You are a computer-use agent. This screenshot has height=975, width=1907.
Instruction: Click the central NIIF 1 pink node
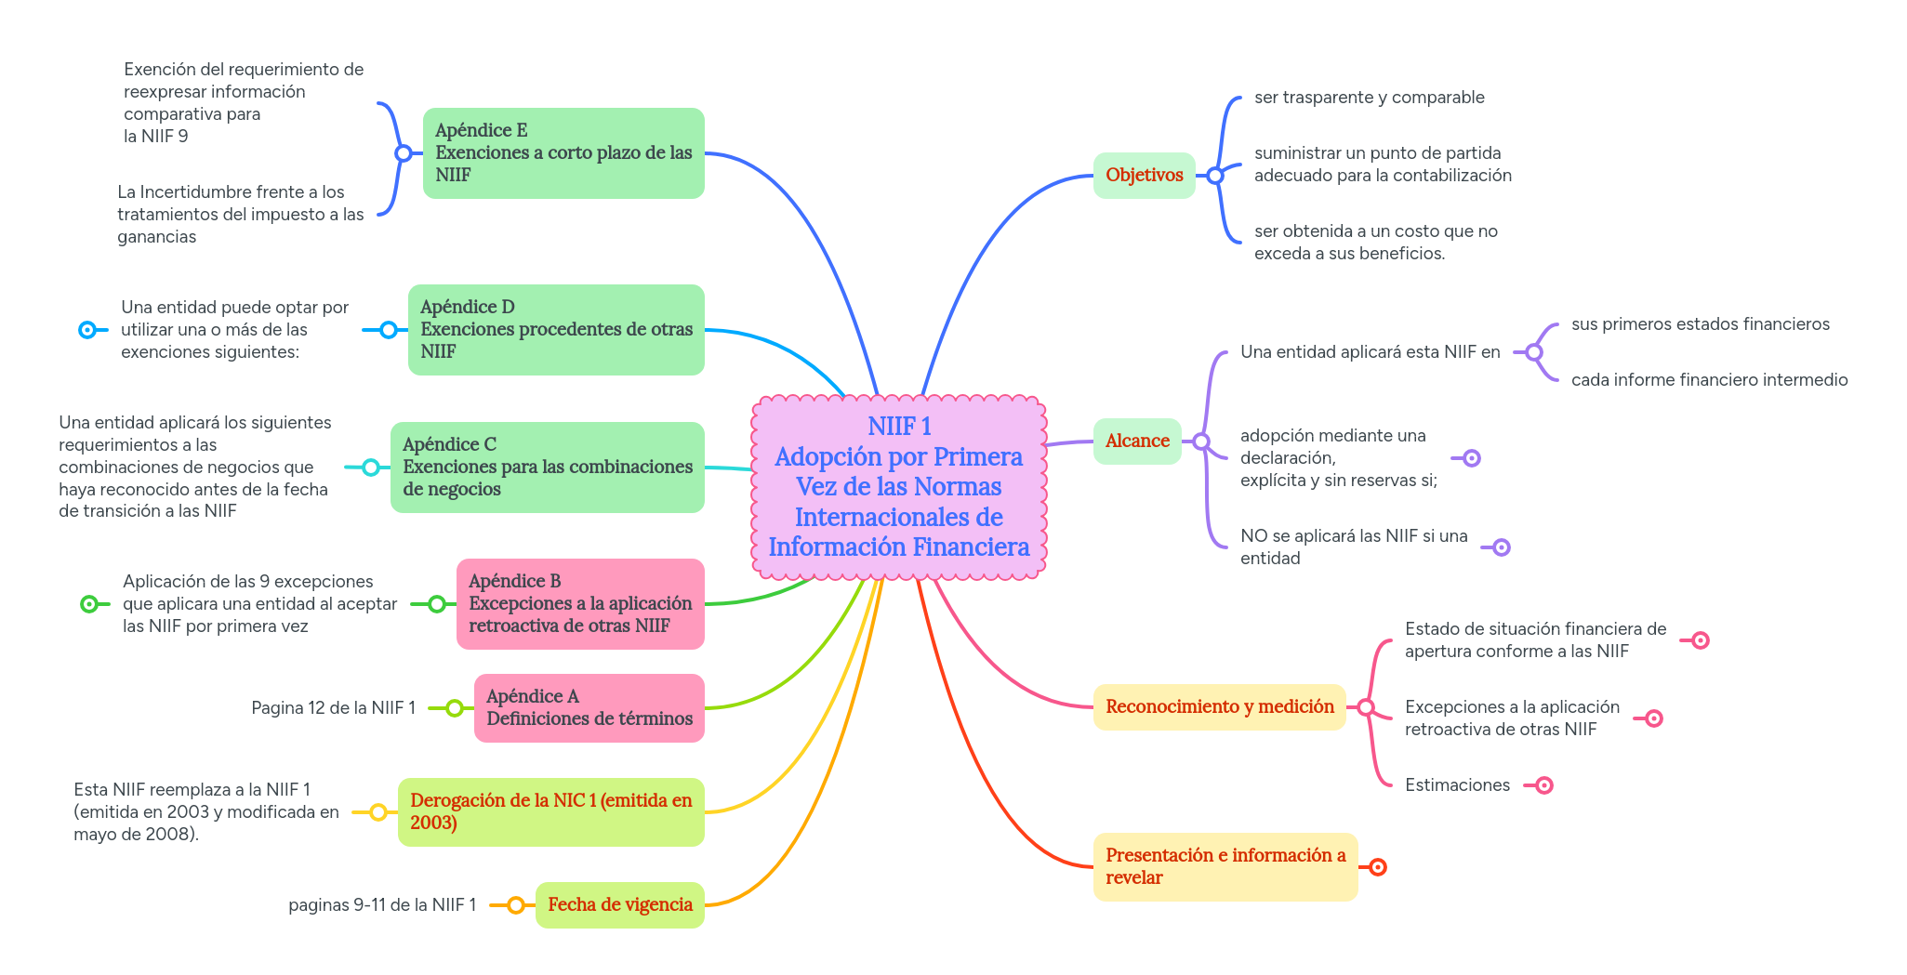tap(898, 486)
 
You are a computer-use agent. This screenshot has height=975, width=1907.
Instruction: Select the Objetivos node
tap(1144, 175)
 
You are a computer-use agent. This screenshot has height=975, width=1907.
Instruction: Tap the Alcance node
tap(1137, 441)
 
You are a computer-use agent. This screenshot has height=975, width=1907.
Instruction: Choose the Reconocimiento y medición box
tap(1219, 706)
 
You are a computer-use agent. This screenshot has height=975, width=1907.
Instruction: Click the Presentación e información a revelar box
tap(1225, 866)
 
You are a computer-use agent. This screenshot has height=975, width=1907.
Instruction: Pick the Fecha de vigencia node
tap(619, 904)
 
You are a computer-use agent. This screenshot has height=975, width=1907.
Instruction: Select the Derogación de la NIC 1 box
tap(550, 811)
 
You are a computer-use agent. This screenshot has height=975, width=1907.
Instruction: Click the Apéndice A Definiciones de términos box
tap(589, 707)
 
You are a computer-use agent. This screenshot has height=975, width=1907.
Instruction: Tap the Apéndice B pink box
tap(579, 603)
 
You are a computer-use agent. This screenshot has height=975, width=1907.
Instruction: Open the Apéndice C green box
tap(547, 467)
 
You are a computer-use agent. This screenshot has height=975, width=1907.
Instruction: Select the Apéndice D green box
tap(555, 329)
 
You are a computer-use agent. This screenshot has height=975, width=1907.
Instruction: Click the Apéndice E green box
tap(563, 152)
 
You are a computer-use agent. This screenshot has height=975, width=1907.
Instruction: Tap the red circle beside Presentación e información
tap(1378, 867)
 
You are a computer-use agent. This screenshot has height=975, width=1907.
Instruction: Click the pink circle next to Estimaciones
tap(1544, 785)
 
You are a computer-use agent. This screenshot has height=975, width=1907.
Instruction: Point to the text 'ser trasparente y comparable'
tap(1369, 98)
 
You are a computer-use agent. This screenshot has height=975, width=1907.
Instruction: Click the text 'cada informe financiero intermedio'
tap(1709, 380)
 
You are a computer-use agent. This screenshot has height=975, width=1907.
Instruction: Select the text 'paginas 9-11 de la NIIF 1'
tap(382, 904)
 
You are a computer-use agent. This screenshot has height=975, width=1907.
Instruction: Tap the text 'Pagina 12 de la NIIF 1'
tap(333, 708)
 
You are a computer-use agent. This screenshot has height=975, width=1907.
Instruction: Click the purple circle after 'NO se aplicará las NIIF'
tap(1502, 547)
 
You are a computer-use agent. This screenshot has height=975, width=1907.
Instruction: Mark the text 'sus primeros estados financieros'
tap(1700, 324)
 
